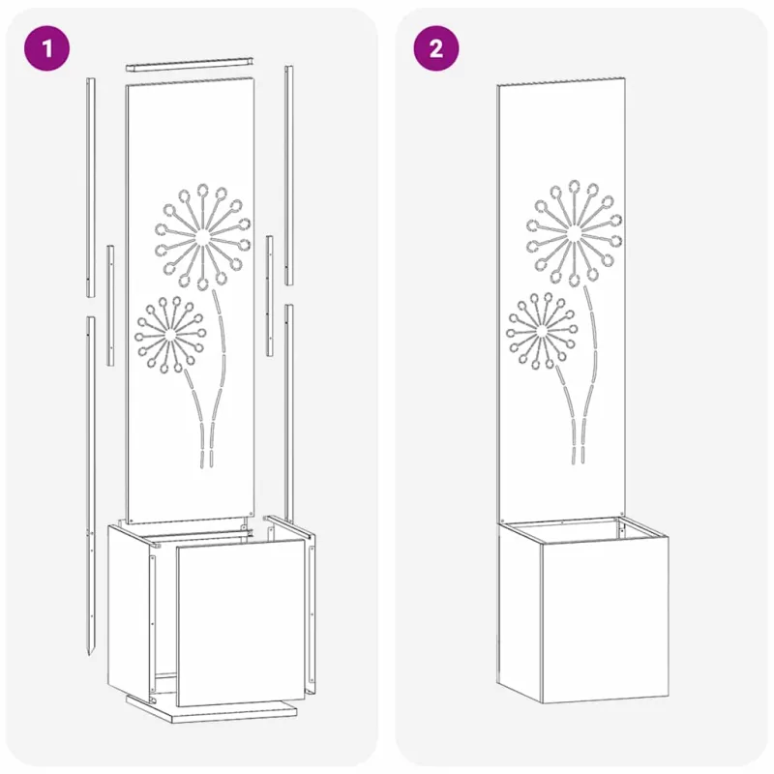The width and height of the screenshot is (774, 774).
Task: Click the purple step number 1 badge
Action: [x=46, y=48]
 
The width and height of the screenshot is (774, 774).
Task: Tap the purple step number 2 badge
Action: [x=436, y=48]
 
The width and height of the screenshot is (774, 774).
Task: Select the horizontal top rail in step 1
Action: [x=190, y=64]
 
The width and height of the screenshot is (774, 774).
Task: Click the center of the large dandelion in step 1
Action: [x=201, y=237]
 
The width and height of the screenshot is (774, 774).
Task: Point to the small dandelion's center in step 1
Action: [x=170, y=335]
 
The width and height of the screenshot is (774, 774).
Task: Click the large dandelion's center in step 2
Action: [x=574, y=233]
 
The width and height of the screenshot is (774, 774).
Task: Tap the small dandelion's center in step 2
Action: [x=542, y=331]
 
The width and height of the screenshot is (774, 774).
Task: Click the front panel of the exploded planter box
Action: [x=241, y=623]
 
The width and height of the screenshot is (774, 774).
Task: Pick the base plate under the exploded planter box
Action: [x=212, y=709]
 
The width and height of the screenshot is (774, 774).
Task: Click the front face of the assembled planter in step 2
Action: [x=606, y=618]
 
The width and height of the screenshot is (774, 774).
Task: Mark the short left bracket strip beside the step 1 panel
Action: [x=110, y=306]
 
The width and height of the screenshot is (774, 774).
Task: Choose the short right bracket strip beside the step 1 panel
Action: [x=270, y=296]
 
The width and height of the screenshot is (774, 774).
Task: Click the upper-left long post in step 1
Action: [x=91, y=187]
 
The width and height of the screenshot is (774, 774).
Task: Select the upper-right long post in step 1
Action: [x=288, y=175]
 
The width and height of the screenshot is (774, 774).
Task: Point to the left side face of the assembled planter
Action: [x=520, y=612]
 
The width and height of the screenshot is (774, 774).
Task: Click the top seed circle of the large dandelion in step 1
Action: [x=202, y=190]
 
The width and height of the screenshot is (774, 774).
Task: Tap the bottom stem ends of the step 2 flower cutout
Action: [x=578, y=455]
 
